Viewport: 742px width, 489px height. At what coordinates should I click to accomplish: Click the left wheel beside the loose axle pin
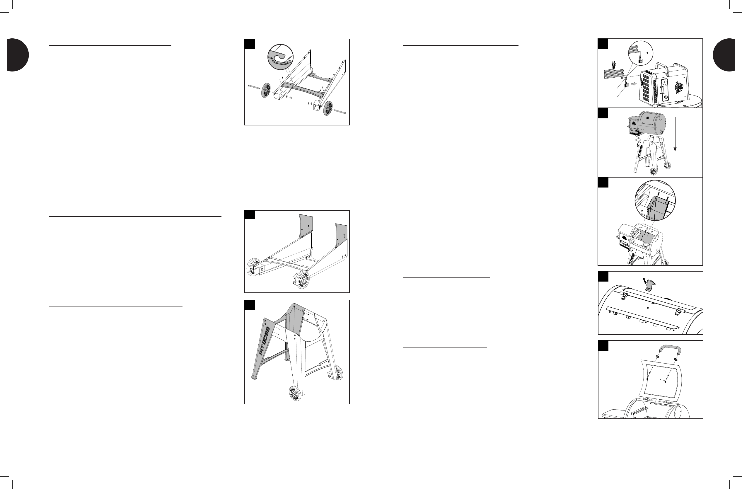point(266,91)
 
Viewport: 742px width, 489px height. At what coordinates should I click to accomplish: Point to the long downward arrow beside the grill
point(675,134)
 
